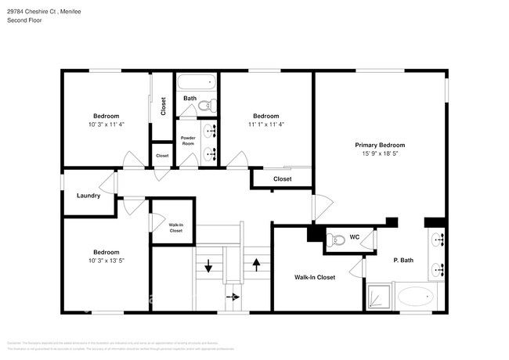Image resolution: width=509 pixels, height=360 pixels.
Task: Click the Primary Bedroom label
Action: point(380,145)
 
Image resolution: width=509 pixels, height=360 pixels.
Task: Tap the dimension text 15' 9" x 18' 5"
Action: point(380,154)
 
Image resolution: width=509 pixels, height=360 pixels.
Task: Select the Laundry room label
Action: point(88,196)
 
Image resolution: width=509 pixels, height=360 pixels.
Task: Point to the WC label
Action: point(354,237)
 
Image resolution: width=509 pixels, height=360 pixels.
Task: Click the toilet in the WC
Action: point(335,240)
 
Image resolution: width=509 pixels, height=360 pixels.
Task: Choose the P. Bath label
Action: point(403,260)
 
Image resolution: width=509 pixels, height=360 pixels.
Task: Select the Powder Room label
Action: point(188,141)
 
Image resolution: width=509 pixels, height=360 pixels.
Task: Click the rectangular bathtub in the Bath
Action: point(196,82)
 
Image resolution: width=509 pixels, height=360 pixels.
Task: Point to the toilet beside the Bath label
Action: point(206,104)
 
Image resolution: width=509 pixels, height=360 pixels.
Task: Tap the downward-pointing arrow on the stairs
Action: point(208,267)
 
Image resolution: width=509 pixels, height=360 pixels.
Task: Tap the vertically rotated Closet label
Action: point(163,106)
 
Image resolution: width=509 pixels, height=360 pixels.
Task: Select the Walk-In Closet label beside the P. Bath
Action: point(314,278)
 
